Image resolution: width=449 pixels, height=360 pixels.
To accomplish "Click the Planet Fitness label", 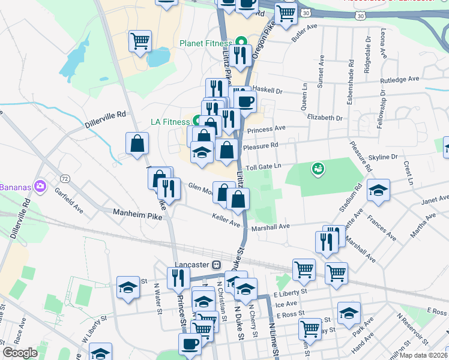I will pyautogui.click(x=205, y=43).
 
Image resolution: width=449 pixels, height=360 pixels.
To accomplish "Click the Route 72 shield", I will pyautogui.click(x=64, y=179).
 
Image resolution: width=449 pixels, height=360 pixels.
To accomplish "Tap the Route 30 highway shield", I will pyautogui.click(x=307, y=13).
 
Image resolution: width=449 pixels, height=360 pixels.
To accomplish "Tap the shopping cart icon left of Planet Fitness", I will pyautogui.click(x=140, y=42).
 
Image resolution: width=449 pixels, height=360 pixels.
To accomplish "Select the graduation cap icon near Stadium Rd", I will pyautogui.click(x=378, y=191).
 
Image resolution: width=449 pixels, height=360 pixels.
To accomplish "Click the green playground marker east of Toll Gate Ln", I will pyautogui.click(x=317, y=170).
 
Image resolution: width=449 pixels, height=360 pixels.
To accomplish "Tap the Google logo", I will pyautogui.click(x=20, y=353).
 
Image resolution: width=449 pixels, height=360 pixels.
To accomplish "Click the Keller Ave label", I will pyautogui.click(x=226, y=220).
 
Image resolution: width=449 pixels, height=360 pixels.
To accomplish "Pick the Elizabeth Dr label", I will pyautogui.click(x=324, y=118).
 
